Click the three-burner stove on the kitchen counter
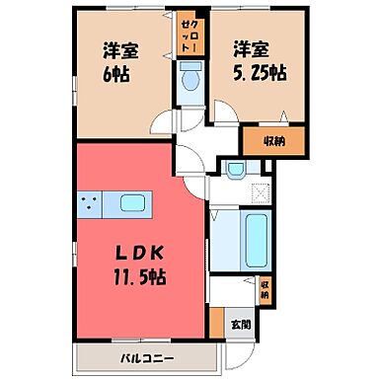coord(89,204)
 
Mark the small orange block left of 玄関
coord(216,322)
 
